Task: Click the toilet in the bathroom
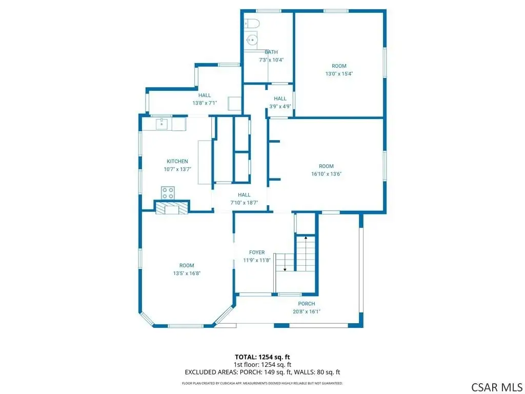(252, 24)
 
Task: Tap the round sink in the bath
(251, 40)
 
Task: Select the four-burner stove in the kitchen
(168, 193)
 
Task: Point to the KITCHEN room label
(177, 162)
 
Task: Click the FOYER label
(257, 252)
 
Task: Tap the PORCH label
(307, 304)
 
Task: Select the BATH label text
(271, 52)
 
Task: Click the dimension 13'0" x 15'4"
(339, 74)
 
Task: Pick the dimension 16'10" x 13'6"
(327, 174)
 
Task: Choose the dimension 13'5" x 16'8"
(187, 273)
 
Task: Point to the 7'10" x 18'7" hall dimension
(244, 203)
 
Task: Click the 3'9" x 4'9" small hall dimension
(280, 107)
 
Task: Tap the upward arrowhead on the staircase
(306, 238)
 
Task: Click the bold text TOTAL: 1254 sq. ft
(262, 357)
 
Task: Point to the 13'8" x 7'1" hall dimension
(205, 103)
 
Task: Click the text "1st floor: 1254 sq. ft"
(262, 365)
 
